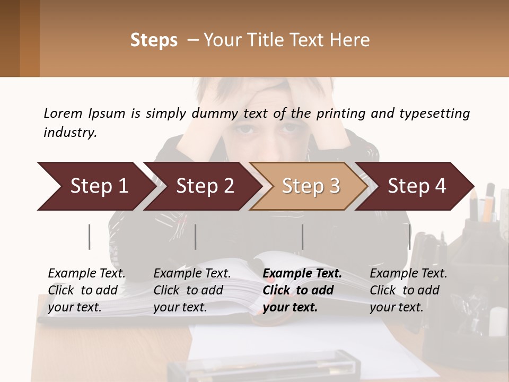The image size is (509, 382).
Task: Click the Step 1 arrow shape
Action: pyautogui.click(x=95, y=186)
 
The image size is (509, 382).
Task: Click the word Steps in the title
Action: pyautogui.click(x=154, y=40)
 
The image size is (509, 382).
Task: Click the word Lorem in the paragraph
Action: pyautogui.click(x=63, y=114)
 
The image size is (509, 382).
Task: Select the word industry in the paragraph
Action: pyautogui.click(x=69, y=133)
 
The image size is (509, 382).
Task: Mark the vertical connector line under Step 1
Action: pyautogui.click(x=90, y=237)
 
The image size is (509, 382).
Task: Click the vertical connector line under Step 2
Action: pyautogui.click(x=196, y=237)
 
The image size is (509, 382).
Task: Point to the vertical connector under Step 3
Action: pyautogui.click(x=303, y=237)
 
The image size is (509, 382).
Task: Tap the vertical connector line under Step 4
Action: pyautogui.click(x=410, y=237)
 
